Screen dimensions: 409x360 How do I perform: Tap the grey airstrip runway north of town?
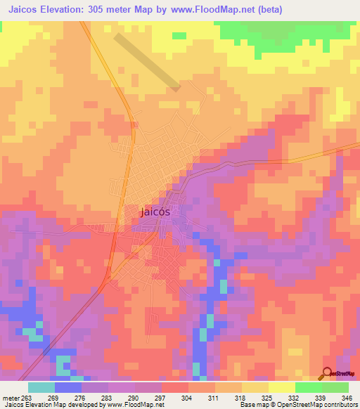(148, 62)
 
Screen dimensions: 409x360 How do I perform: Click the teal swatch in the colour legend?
(41, 387)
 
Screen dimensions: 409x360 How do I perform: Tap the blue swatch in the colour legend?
(67, 387)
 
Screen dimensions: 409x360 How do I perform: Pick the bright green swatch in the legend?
(308, 387)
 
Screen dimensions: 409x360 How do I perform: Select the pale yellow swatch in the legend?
(281, 387)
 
